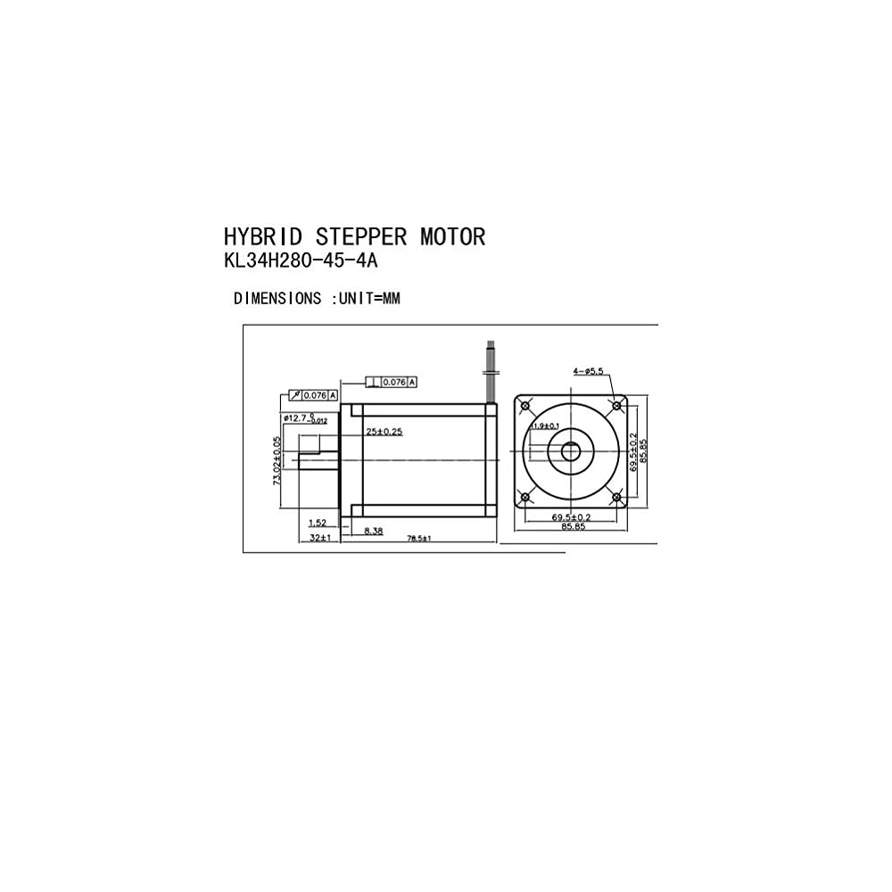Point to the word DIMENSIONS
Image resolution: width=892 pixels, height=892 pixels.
(277, 299)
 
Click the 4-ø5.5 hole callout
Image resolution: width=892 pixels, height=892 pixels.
(590, 370)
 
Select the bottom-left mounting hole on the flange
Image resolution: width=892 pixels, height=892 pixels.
(525, 497)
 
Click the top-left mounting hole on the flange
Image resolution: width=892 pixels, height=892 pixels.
(525, 406)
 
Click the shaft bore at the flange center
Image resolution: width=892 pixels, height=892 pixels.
(571, 451)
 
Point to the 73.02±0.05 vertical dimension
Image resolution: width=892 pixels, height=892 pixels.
(277, 459)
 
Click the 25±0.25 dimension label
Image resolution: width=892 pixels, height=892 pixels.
(384, 432)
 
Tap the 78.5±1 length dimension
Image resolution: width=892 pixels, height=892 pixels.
(419, 539)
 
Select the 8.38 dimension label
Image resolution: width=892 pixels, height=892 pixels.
(373, 530)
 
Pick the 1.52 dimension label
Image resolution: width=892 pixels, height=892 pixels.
(317, 524)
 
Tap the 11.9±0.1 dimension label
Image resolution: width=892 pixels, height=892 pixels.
(544, 426)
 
